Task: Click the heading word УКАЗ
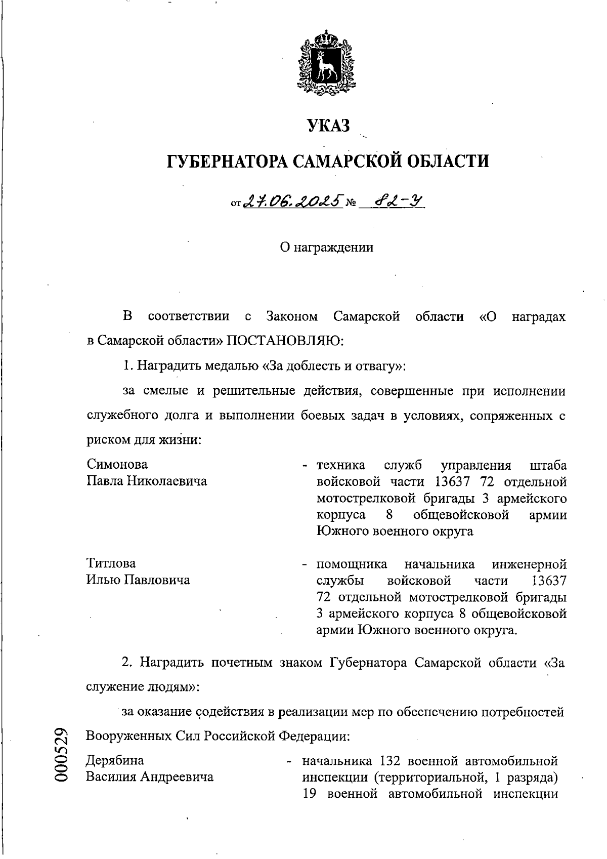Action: tap(328, 126)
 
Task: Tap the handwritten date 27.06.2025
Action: tap(293, 202)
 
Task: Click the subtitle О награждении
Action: tap(327, 248)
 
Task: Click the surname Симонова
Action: tap(117, 464)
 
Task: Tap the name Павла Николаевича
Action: tap(147, 481)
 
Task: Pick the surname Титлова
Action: tap(111, 563)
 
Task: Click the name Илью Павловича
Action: tap(138, 580)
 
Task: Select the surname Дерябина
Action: tap(115, 760)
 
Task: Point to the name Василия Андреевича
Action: tap(150, 777)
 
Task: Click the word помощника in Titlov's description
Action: tap(352, 564)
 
